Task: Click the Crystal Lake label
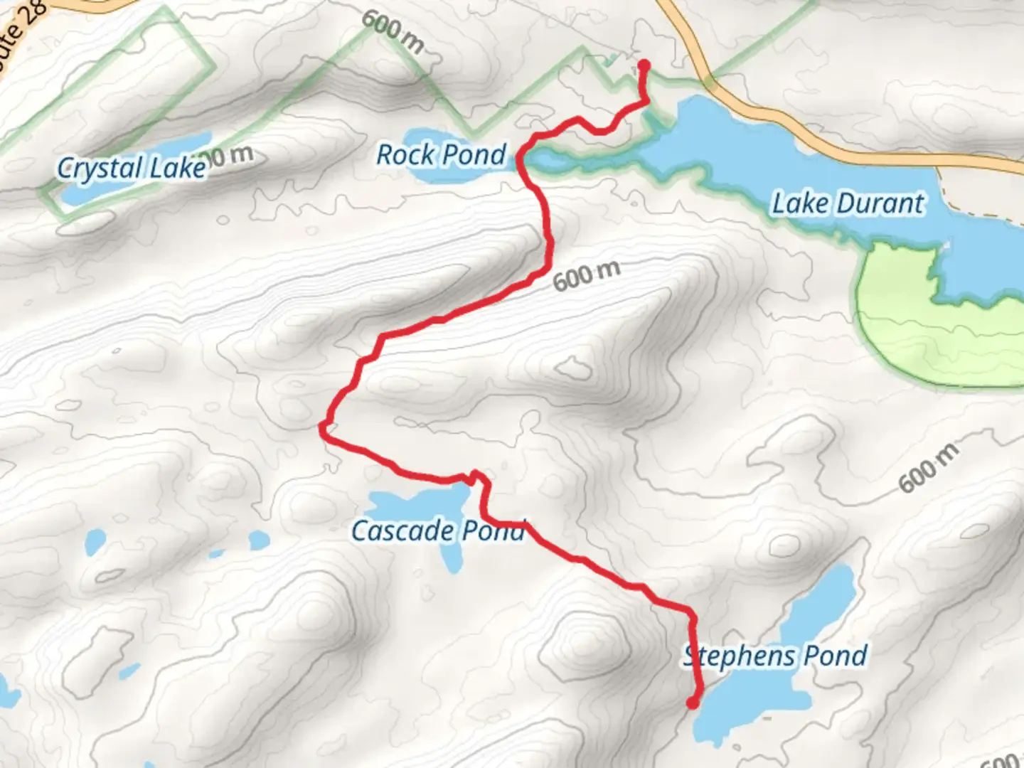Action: [132, 168]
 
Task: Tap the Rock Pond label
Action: [441, 154]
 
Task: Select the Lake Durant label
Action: [848, 203]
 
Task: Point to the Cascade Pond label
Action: [438, 530]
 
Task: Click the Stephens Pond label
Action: [775, 656]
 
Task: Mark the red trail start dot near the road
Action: [644, 66]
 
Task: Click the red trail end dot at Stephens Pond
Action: [692, 703]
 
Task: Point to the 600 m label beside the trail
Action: [587, 275]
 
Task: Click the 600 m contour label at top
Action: [393, 31]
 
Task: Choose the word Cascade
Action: [402, 530]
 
